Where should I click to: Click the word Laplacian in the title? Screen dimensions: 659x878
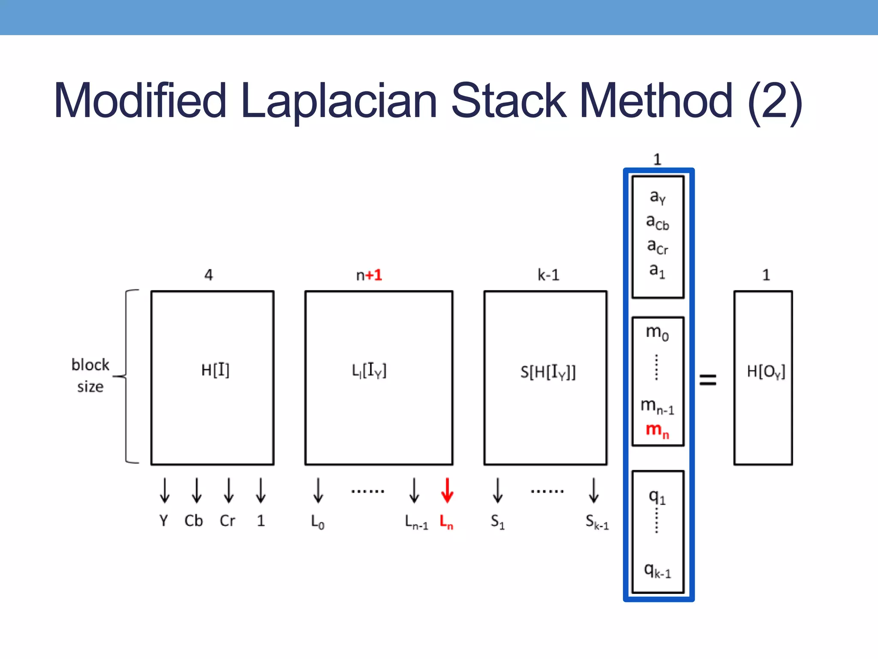339,101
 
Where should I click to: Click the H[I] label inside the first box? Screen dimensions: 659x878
215,370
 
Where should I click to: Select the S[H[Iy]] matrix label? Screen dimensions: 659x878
548,372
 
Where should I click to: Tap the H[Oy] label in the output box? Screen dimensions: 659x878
766,372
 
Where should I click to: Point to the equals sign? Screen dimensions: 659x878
708,379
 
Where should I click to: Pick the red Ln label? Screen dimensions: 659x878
446,522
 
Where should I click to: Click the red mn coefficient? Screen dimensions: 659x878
657,429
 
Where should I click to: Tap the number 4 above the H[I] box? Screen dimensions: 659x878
208,275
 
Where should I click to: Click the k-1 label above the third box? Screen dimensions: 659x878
548,275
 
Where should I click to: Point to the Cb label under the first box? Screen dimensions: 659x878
193,520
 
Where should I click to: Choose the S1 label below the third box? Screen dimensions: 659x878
497,522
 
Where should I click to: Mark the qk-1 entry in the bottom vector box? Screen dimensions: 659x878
657,571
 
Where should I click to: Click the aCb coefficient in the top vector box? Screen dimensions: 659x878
657,222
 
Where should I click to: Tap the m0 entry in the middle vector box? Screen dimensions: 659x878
657,333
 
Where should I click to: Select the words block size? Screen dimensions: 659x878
90,375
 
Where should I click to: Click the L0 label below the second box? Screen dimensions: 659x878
317,522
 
